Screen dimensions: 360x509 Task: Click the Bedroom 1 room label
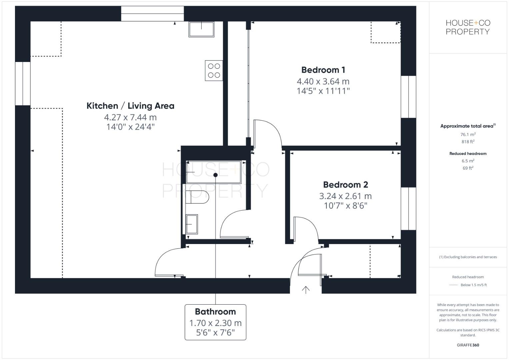pos(323,70)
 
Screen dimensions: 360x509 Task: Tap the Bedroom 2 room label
pos(345,185)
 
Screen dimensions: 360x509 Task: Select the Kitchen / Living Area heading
pos(130,106)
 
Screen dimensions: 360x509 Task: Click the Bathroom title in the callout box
pos(215,312)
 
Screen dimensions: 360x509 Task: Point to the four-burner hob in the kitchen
pos(214,70)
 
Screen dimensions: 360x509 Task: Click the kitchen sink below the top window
pos(201,29)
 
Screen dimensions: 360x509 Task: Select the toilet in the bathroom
pos(197,197)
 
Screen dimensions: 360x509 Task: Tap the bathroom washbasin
pos(192,224)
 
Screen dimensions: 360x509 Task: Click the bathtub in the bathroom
pos(213,172)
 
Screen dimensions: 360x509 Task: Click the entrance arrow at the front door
pos(306,290)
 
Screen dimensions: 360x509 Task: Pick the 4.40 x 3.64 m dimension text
pos(323,81)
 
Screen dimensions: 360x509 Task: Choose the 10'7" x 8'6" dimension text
pos(345,206)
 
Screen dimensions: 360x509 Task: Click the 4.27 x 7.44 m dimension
pos(130,117)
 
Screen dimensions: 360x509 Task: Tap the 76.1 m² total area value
pos(468,135)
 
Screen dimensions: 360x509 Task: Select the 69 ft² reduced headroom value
pos(468,168)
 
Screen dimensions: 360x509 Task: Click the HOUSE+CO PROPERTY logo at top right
pos(468,27)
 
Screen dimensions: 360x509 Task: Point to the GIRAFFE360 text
pos(468,345)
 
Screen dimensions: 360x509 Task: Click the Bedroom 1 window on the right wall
pos(408,97)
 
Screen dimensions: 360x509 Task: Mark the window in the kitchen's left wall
pos(23,83)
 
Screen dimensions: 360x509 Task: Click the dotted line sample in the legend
pos(453,285)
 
